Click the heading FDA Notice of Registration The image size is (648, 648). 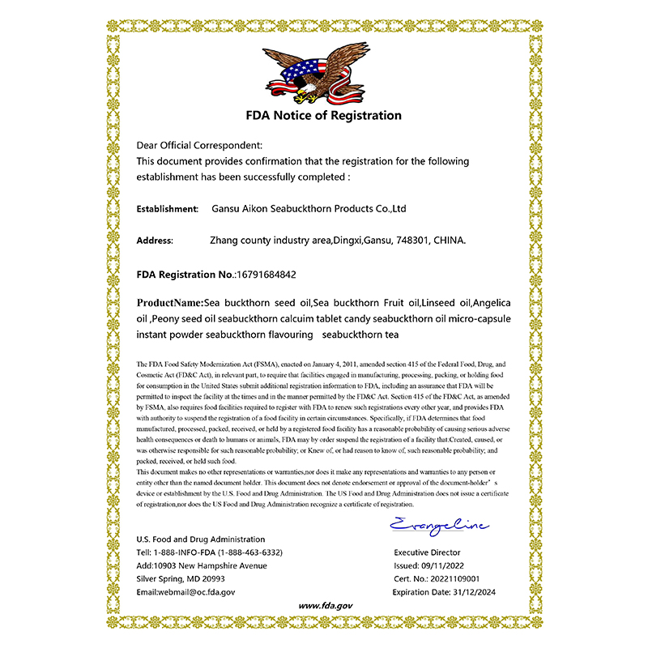tap(324, 115)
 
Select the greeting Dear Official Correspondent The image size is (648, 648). tap(199, 145)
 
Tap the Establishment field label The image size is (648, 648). tap(168, 209)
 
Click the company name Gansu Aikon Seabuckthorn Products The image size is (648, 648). tap(308, 209)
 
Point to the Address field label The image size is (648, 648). tap(155, 241)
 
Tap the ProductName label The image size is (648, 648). tap(169, 302)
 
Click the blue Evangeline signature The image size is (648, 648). tap(438, 525)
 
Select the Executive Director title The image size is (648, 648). tap(427, 552)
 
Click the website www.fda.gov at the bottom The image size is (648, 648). tap(324, 606)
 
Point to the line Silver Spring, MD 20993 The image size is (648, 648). tap(181, 579)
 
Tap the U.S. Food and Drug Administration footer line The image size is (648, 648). tap(200, 539)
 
